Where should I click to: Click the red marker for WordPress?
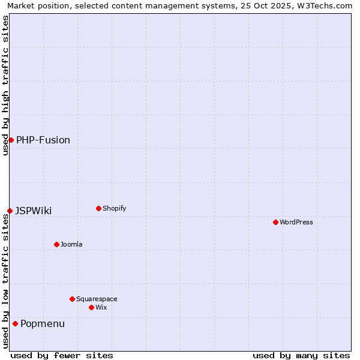pyautogui.click(x=275, y=222)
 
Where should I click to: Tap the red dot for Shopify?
pyautogui.click(x=98, y=208)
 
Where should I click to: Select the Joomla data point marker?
pyautogui.click(x=56, y=244)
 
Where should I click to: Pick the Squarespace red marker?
pyautogui.click(x=72, y=299)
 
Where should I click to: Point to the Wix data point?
pyautogui.click(x=91, y=307)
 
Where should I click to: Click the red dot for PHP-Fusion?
pyautogui.click(x=11, y=140)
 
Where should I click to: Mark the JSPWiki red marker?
pyautogui.click(x=10, y=211)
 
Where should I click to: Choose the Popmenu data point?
pyautogui.click(x=15, y=323)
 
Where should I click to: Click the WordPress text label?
pyautogui.click(x=296, y=222)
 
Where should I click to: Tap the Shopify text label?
pyautogui.click(x=115, y=208)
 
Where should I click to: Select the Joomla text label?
pyautogui.click(x=71, y=244)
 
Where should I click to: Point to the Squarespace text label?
pyautogui.click(x=97, y=299)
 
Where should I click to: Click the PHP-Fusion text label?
pyautogui.click(x=43, y=140)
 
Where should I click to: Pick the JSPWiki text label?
pyautogui.click(x=34, y=211)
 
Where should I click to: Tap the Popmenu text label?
pyautogui.click(x=43, y=323)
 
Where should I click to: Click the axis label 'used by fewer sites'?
pyautogui.click(x=62, y=355)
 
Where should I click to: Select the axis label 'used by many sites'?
pyautogui.click(x=301, y=355)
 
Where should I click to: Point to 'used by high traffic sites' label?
pyautogui.click(x=5, y=85)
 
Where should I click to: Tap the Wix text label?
pyautogui.click(x=101, y=307)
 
